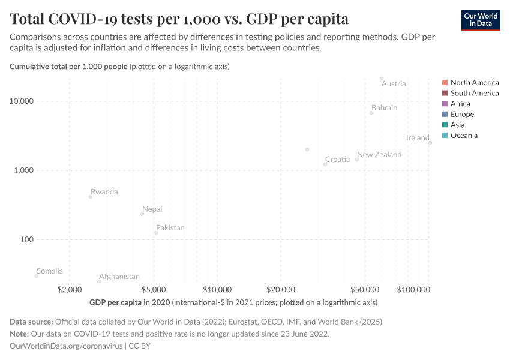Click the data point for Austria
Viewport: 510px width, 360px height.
pyautogui.click(x=382, y=79)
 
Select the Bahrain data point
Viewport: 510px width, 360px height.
pyautogui.click(x=371, y=113)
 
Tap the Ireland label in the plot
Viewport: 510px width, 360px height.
pyautogui.click(x=418, y=138)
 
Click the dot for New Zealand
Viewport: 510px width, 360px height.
pyautogui.click(x=357, y=160)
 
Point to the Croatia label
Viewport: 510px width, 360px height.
pyautogui.click(x=337, y=160)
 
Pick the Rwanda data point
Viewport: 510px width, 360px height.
pyautogui.click(x=91, y=197)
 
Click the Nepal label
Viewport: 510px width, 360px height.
pyautogui.click(x=152, y=209)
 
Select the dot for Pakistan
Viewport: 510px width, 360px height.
pyautogui.click(x=155, y=233)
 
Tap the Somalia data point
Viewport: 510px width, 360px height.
pyautogui.click(x=37, y=276)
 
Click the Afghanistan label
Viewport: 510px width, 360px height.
pyautogui.click(x=119, y=277)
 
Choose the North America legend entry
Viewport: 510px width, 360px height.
pyautogui.click(x=474, y=83)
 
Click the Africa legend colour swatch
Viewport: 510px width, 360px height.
pyautogui.click(x=445, y=104)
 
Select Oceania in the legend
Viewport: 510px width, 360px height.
pyautogui.click(x=464, y=136)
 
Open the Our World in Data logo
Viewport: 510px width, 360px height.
pyautogui.click(x=481, y=20)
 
